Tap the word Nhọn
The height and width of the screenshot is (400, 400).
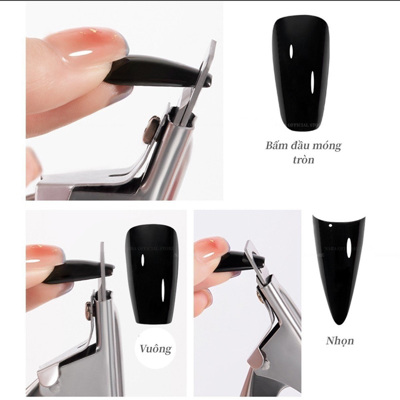(339, 340)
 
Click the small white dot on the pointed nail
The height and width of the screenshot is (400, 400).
(331, 227)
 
